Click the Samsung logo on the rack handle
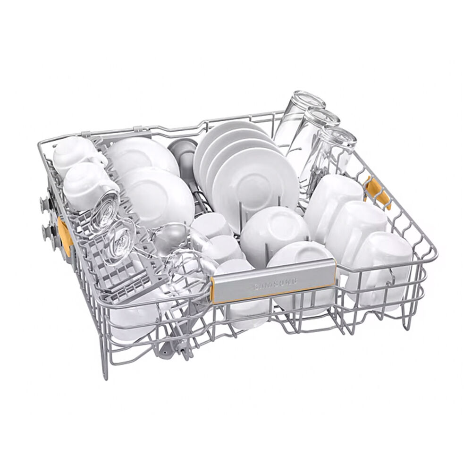coord(276,283)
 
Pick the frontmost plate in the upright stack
coord(255,184)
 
